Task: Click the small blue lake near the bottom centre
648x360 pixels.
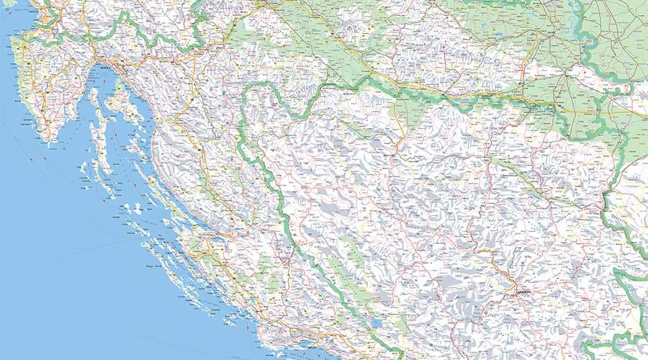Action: point(376,323)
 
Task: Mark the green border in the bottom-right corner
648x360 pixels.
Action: point(619,338)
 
